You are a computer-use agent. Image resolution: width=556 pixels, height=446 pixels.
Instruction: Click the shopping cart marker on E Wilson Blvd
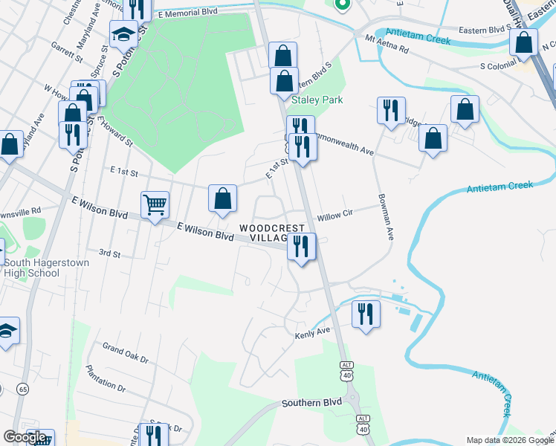155,204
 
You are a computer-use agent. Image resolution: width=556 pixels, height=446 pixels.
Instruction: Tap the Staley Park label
317,100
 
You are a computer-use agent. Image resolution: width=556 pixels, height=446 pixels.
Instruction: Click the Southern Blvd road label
311,403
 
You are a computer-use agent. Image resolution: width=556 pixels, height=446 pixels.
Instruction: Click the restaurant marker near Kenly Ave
366,314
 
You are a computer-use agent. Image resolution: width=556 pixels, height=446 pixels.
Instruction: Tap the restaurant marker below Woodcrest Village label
301,246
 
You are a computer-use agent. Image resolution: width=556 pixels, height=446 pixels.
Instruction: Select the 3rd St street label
110,253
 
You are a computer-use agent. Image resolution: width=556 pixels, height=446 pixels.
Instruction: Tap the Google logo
25,437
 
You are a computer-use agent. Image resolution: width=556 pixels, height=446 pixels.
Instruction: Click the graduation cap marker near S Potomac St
123,33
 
